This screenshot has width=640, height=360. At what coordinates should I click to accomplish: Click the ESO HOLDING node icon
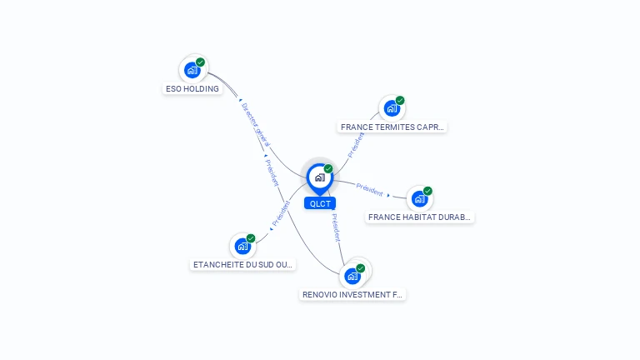pos(192,70)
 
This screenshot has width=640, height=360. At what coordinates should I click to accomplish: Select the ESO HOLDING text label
pos(192,88)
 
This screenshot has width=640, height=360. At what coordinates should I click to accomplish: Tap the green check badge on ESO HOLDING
pos(201,62)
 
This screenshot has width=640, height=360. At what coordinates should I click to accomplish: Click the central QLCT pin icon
pos(319,177)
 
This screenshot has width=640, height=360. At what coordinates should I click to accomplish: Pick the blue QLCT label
pos(320,203)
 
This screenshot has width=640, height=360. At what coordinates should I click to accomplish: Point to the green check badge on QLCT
pos(328,169)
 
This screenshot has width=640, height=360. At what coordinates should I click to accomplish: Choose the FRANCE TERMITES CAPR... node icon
pos(392,108)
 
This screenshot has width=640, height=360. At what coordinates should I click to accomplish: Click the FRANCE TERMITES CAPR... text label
pos(392,127)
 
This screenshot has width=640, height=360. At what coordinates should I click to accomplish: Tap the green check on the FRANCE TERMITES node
pos(400,101)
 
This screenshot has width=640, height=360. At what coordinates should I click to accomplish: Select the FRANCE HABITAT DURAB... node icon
pos(419,198)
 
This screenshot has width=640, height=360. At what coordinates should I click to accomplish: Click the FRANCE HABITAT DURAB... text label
pos(420,217)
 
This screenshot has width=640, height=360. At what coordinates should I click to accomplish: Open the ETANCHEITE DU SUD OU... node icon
pos(242,246)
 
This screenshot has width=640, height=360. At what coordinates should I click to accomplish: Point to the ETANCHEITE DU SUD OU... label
pos(242,265)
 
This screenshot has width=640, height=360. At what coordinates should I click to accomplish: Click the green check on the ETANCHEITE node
pos(251,238)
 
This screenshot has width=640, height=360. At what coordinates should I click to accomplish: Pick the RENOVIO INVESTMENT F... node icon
pos(352,276)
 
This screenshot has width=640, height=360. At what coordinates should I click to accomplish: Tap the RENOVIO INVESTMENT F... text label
pos(352,295)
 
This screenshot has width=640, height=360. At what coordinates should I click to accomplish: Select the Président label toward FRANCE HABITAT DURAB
pos(369,188)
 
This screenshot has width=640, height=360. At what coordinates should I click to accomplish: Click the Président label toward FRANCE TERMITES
pos(356,144)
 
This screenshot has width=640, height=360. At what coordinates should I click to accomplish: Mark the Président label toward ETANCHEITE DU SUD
pos(281,213)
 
